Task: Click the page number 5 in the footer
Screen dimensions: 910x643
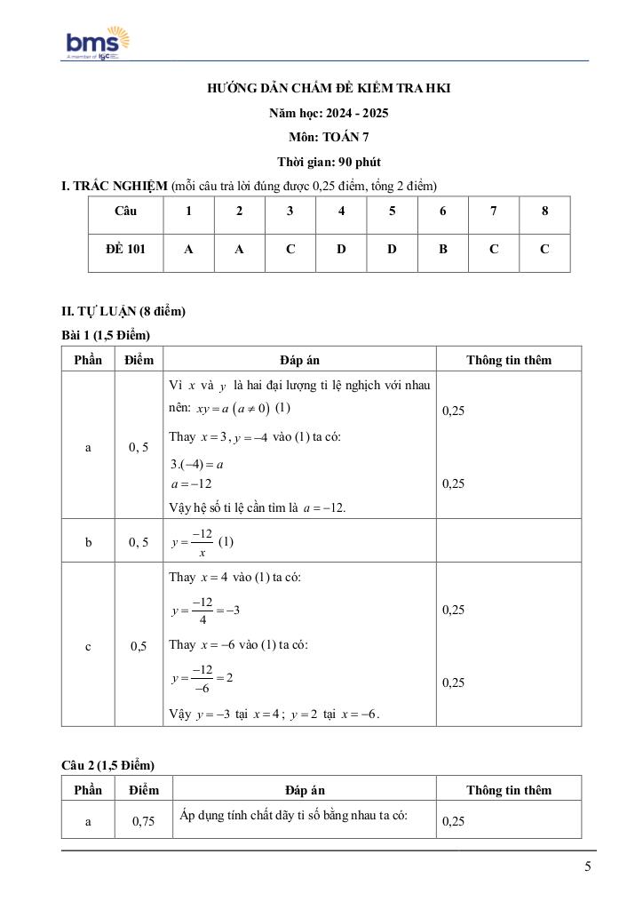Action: (588, 867)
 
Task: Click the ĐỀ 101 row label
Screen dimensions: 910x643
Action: (125, 250)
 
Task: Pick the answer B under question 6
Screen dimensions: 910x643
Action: (442, 250)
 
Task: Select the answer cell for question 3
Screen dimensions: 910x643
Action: (290, 250)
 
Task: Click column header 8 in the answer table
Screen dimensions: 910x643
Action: (544, 212)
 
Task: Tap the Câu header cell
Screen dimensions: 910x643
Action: (125, 212)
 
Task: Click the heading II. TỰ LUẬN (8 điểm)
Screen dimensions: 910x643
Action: (123, 311)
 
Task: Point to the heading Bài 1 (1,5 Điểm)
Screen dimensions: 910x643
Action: (106, 335)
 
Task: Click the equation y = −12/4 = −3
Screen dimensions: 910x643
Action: (205, 610)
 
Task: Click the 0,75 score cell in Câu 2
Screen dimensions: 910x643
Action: (143, 822)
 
